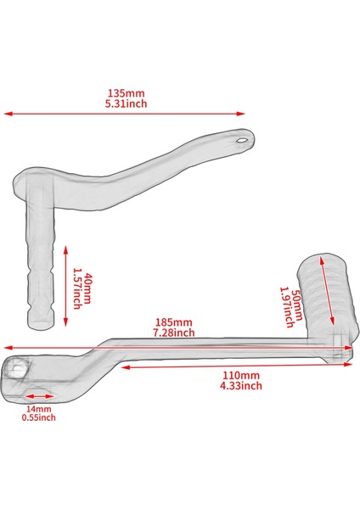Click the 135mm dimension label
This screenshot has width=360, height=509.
tap(125, 92)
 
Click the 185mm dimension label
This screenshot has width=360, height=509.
tap(174, 323)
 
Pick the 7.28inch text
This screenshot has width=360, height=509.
tap(174, 333)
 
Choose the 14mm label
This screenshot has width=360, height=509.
tap(37, 407)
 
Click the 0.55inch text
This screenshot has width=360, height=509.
tap(38, 417)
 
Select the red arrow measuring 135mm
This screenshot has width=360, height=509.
tap(126, 113)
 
